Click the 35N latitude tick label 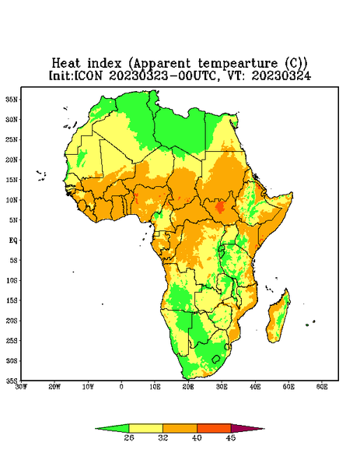[x=12, y=99]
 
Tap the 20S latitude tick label [x=12, y=321]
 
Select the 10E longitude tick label [x=155, y=387]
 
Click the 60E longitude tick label [x=322, y=387]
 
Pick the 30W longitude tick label [x=22, y=387]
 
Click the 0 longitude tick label [x=121, y=387]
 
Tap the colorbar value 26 [x=129, y=437]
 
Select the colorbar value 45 [x=231, y=437]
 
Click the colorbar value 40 [x=197, y=437]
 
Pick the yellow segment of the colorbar [x=145, y=428]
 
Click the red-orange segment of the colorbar [x=214, y=428]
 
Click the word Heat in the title [x=66, y=63]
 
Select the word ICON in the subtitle [x=88, y=75]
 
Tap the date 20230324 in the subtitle [x=281, y=75]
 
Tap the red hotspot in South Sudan [x=220, y=207]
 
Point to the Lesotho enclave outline [x=216, y=359]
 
